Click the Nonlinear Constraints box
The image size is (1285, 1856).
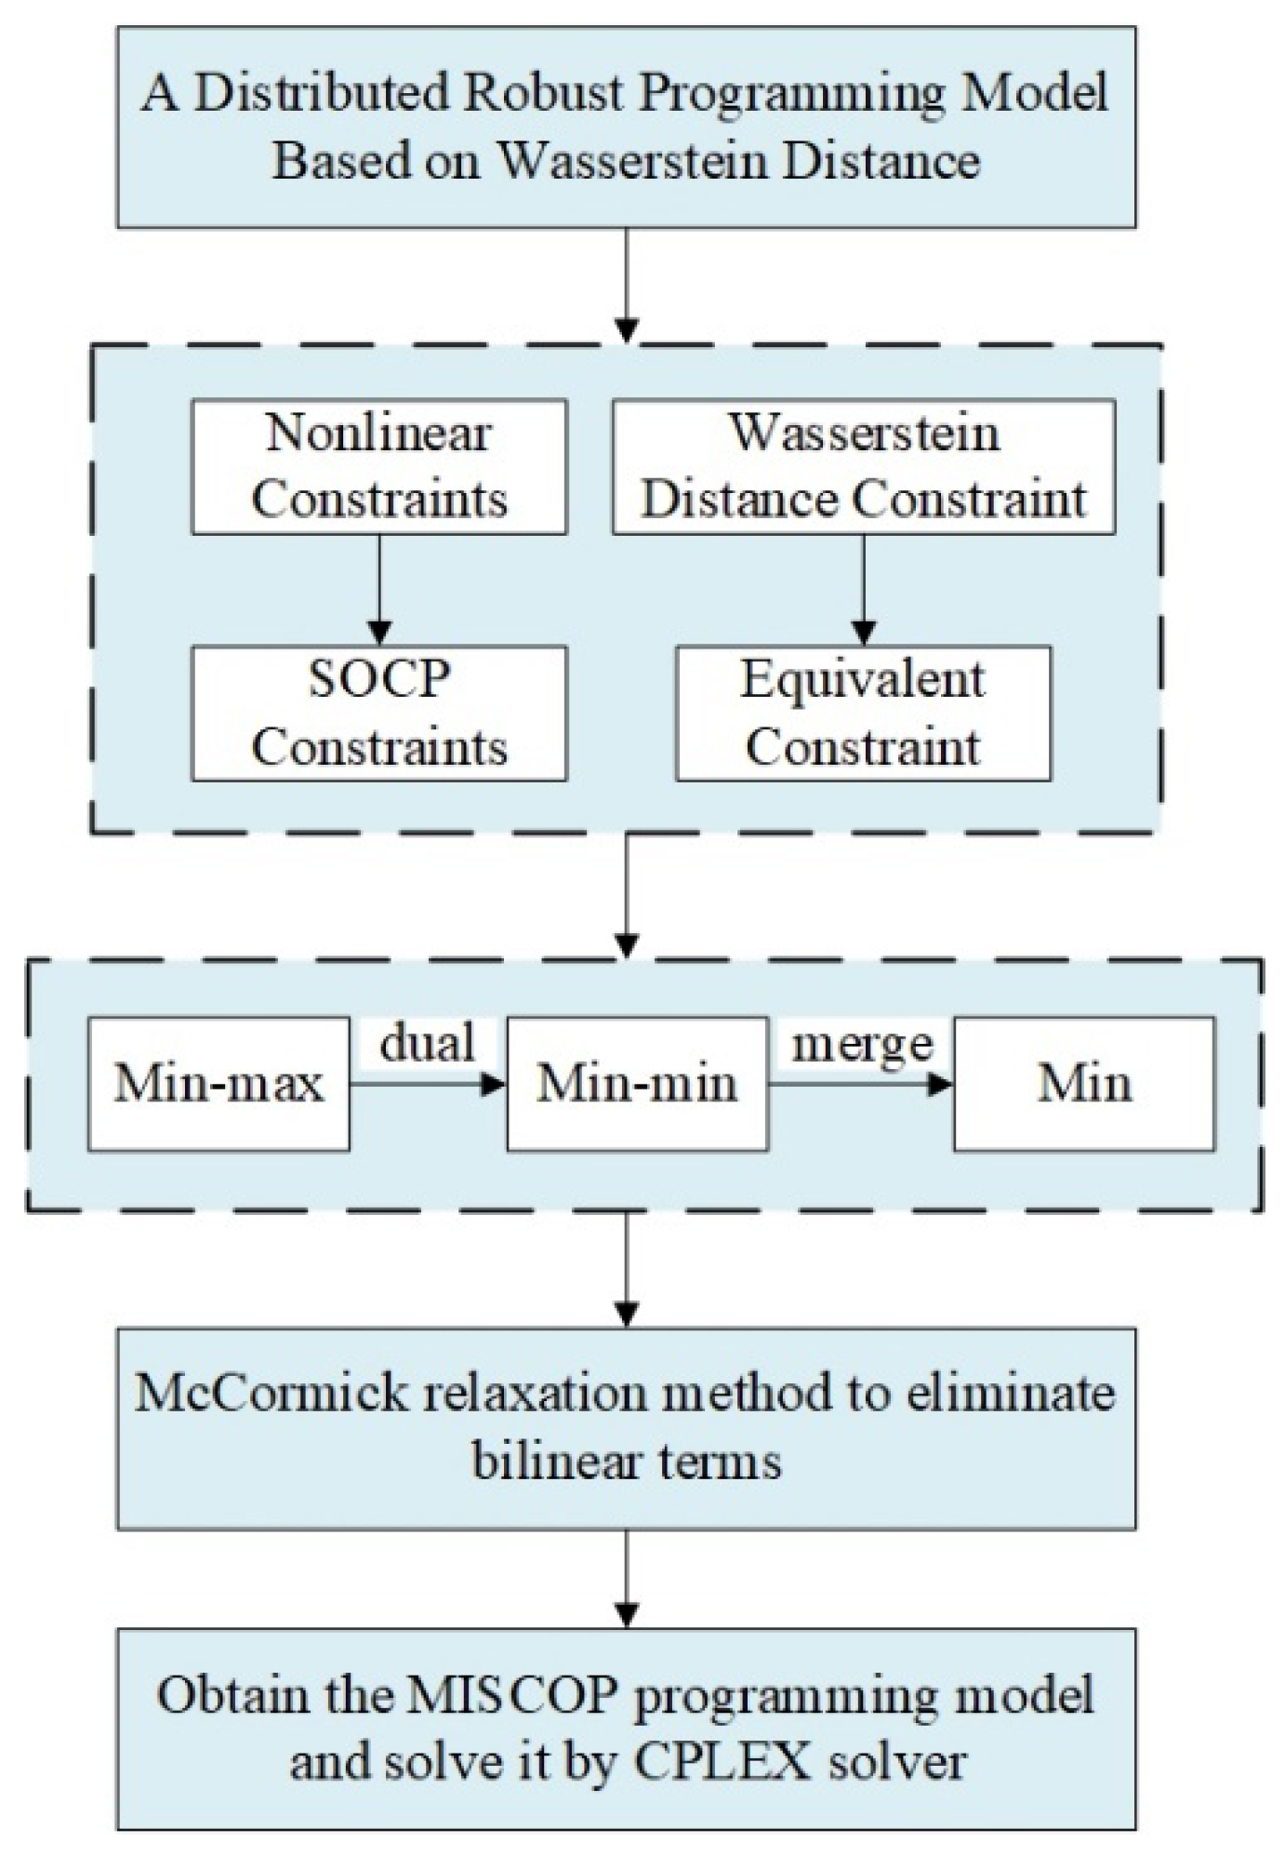378,467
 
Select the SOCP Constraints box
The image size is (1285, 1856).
378,714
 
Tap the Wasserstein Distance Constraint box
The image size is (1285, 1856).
863,467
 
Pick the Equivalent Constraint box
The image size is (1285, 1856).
863,714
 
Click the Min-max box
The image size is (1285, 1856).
219,1084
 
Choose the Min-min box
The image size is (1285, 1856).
637,1084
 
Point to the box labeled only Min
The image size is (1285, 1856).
1084,1084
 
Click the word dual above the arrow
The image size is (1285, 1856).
428,1043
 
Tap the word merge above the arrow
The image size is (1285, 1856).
862,1045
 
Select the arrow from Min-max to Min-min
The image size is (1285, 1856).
428,1084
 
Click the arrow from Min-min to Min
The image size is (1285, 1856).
861,1084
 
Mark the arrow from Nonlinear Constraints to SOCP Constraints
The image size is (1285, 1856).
378,590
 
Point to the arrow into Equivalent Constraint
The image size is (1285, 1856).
864,590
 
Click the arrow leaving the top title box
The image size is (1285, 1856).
627,285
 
